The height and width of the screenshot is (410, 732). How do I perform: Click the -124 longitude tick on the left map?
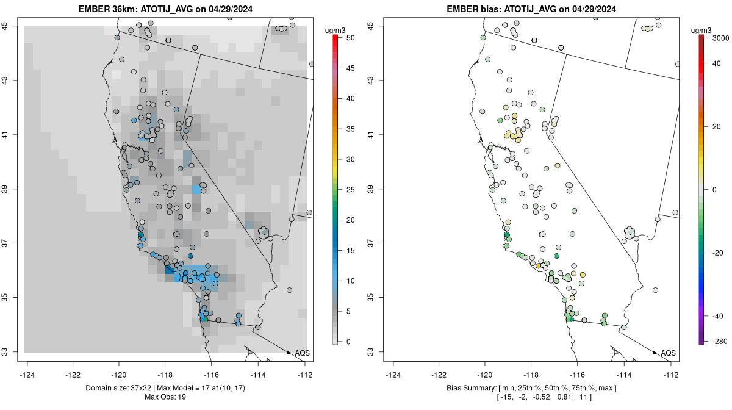[x=27, y=375]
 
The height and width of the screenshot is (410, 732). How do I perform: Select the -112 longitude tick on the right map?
[x=670, y=375]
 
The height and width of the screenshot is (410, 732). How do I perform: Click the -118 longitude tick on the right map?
[x=531, y=375]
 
